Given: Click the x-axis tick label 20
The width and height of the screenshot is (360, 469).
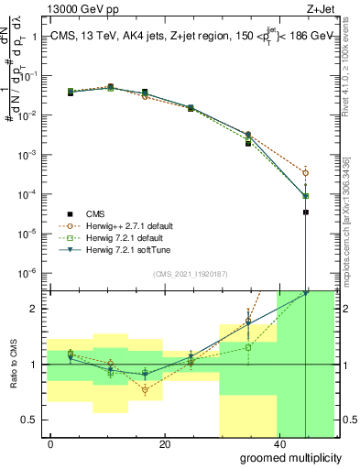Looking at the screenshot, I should [164, 444].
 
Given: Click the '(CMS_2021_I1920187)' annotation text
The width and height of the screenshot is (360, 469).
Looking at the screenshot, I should [190, 273].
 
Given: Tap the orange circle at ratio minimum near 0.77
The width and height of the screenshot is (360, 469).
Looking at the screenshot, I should [145, 389].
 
